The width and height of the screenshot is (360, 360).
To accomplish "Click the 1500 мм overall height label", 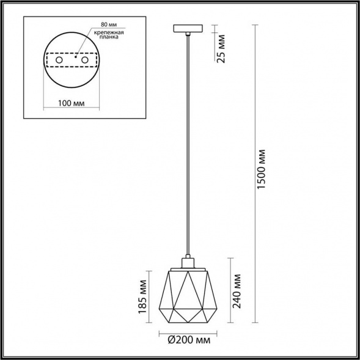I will coord(262,169).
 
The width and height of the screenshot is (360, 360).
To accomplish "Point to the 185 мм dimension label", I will coord(143,295).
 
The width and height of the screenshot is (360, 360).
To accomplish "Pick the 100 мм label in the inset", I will coord(72,103).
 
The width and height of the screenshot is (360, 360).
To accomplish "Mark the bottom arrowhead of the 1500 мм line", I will coord(254,323).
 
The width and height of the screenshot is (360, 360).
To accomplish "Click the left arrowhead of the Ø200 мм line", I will coord(161,334).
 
